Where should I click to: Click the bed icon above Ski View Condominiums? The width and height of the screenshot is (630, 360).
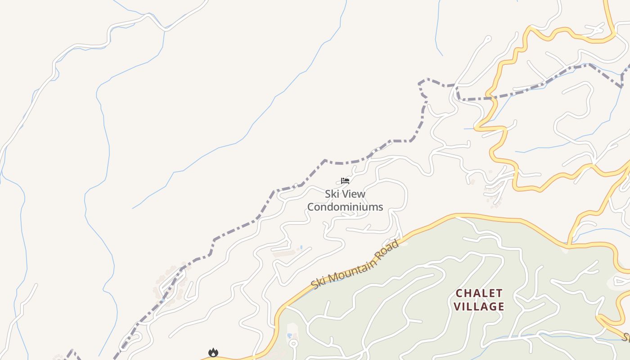[345, 181]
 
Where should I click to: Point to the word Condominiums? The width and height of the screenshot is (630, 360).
[345, 207]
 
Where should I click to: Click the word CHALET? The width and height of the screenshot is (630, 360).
[479, 293]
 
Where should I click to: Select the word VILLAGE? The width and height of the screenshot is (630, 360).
[479, 307]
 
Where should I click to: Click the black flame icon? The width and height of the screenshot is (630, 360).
[213, 352]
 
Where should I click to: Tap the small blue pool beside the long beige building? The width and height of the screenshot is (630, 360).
[300, 247]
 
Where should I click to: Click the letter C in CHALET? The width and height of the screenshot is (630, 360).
[459, 293]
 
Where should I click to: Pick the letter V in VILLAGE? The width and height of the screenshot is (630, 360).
[457, 307]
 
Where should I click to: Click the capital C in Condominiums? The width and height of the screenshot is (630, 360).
[311, 207]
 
